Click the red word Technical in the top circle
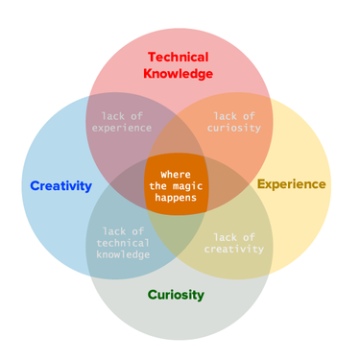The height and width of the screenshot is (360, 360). pos(178,57)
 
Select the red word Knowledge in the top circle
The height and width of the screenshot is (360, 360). pos(178,73)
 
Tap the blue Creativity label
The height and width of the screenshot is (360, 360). pos(60,185)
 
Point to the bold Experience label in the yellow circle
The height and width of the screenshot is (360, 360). pos(292,183)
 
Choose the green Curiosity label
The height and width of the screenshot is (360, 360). pos(176,295)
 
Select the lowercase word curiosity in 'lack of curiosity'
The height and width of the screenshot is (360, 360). pos(234,128)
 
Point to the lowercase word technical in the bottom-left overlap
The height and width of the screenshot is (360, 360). pos(123,243)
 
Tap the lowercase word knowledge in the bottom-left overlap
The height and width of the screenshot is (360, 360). pos(123,254)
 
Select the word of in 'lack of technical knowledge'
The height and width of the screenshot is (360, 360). pos(139,231)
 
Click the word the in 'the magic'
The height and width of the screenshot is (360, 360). pos(159,184)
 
